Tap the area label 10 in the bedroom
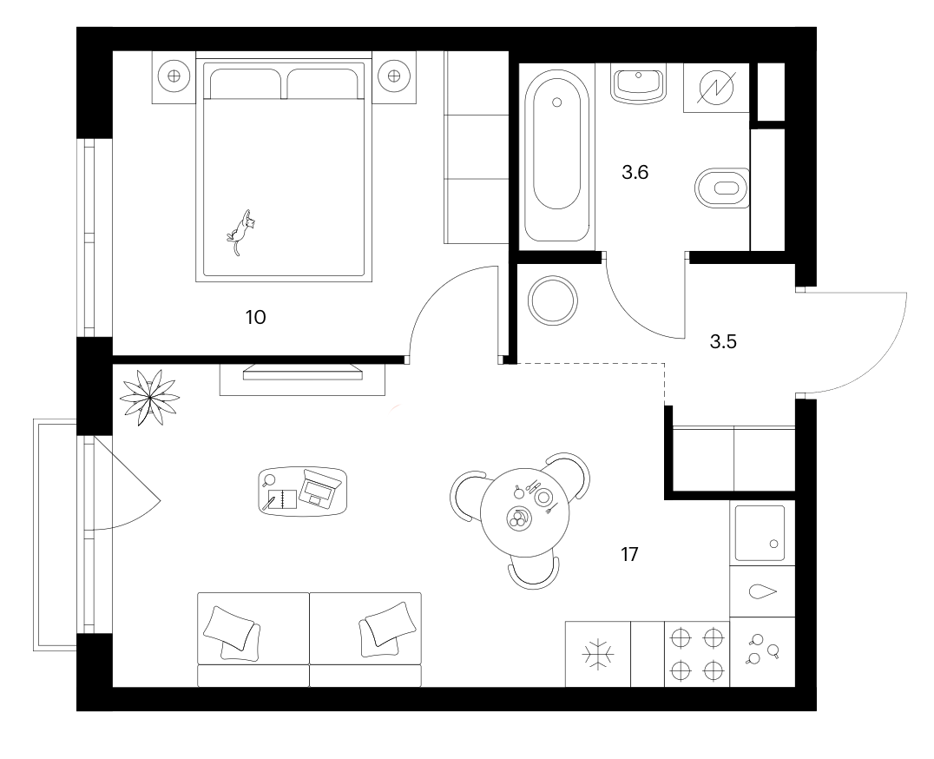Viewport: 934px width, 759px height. point(255,318)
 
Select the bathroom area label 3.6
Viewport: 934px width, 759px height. point(635,173)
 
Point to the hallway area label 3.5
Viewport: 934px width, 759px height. point(723,342)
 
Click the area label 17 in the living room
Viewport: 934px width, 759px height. point(629,555)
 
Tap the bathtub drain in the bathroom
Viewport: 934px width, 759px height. point(557,102)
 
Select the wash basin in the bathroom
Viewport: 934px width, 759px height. point(638,84)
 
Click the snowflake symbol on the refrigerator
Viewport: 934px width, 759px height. point(597,654)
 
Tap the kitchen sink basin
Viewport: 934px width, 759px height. point(760,534)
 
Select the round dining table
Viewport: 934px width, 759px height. point(525,512)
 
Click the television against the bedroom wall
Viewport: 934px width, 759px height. point(303,373)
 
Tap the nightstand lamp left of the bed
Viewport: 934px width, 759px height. point(174,76)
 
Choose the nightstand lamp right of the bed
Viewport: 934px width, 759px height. point(394,76)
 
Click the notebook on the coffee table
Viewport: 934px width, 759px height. point(283,499)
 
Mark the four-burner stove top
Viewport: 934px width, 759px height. point(696,654)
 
